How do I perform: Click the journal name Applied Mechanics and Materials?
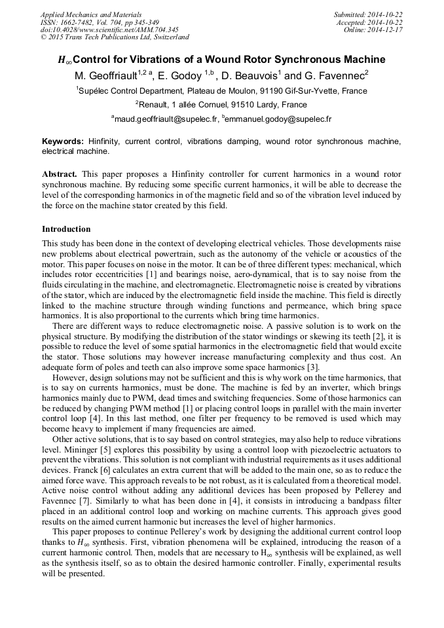tap(90, 14)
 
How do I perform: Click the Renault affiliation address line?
tap(221, 105)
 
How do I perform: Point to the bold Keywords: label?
tap(63, 141)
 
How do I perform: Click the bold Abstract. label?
tap(60, 174)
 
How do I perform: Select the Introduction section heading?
tap(66, 229)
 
